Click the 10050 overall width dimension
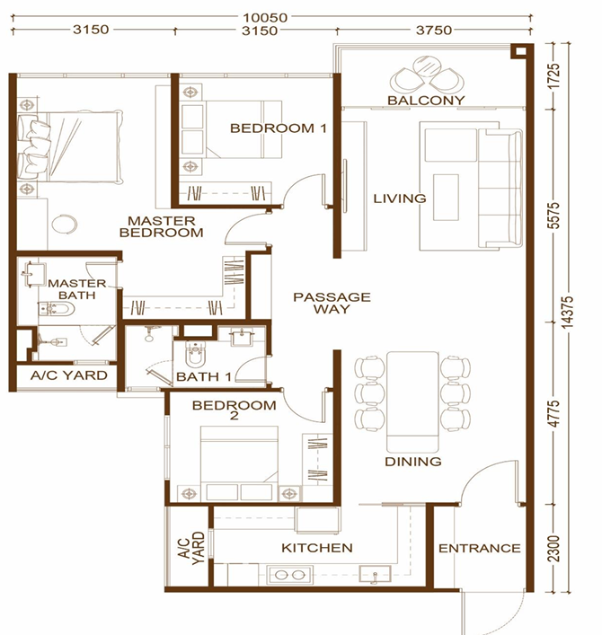pyautogui.click(x=265, y=18)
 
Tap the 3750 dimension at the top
pyautogui.click(x=433, y=31)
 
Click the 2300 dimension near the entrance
pyautogui.click(x=553, y=549)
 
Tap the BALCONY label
pyautogui.click(x=426, y=101)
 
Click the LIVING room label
pyautogui.click(x=400, y=198)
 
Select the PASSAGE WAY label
pyautogui.click(x=332, y=303)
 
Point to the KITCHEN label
pyautogui.click(x=317, y=548)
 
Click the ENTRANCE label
pyautogui.click(x=480, y=549)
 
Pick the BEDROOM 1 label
pyautogui.click(x=279, y=128)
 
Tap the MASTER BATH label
pyautogui.click(x=77, y=289)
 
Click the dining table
pyautogui.click(x=412, y=401)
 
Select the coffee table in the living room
pyautogui.click(x=446, y=198)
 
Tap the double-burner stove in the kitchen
pyautogui.click(x=289, y=575)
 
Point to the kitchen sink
pyautogui.click(x=375, y=574)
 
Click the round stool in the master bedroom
pyautogui.click(x=65, y=224)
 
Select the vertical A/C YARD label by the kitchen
pyautogui.click(x=191, y=548)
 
